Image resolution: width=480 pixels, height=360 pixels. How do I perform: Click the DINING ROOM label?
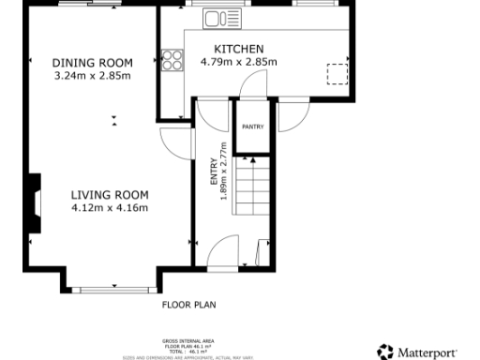click(x=92, y=63)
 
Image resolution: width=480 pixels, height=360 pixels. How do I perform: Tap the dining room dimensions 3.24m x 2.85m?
click(x=92, y=75)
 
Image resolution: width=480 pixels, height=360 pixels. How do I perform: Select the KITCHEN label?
click(x=239, y=50)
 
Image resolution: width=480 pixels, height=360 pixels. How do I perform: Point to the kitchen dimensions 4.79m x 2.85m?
click(x=239, y=62)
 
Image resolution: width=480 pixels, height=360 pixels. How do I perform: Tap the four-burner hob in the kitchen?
click(x=172, y=60)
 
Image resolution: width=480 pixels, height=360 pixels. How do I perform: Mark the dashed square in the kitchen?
click(x=335, y=73)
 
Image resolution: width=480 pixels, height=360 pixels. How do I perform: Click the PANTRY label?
click(x=253, y=127)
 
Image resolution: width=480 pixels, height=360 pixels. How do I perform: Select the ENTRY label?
click(x=213, y=172)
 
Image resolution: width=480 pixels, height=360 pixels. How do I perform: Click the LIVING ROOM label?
click(x=110, y=195)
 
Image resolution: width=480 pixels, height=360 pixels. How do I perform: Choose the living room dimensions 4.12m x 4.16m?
click(x=110, y=208)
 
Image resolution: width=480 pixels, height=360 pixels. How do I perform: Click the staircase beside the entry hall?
click(x=253, y=192)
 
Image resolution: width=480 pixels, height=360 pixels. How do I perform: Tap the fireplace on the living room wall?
click(x=35, y=202)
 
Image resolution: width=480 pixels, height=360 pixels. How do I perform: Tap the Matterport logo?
click(x=418, y=352)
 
